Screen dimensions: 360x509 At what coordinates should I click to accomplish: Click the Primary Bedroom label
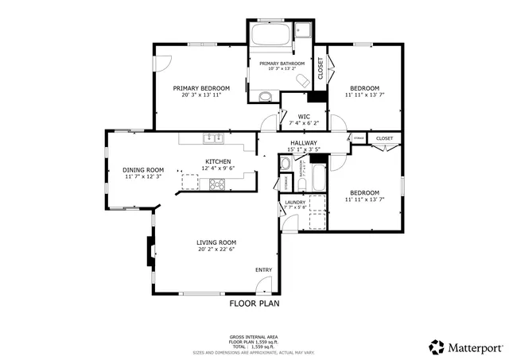click(x=201, y=88)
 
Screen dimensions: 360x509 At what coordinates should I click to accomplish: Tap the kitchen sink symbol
click(x=212, y=138)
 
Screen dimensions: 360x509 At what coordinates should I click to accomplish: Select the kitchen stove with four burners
click(x=217, y=184)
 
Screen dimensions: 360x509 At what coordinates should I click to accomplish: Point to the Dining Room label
click(x=143, y=169)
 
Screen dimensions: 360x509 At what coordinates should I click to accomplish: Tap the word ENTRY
click(x=263, y=270)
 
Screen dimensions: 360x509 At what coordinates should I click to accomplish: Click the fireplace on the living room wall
click(x=149, y=252)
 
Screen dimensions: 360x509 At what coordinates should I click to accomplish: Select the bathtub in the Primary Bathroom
click(x=270, y=37)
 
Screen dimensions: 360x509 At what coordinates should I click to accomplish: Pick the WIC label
click(x=293, y=116)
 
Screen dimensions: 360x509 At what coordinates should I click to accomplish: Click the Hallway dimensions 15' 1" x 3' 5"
click(x=303, y=149)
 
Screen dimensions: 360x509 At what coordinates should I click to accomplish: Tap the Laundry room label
click(x=295, y=203)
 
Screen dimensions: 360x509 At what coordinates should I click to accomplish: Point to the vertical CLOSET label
click(x=321, y=69)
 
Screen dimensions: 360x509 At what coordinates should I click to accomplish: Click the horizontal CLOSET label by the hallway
click(x=384, y=138)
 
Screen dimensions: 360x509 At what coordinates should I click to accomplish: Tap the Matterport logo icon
click(x=437, y=346)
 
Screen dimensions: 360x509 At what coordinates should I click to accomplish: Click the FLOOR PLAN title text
click(x=254, y=303)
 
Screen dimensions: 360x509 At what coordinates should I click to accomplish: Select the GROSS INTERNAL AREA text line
click(x=254, y=337)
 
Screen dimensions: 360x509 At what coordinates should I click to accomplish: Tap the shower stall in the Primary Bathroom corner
click(x=303, y=32)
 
